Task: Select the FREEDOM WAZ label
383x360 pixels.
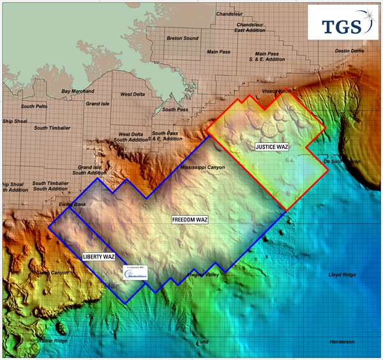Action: click(x=190, y=220)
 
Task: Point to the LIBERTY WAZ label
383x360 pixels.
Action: click(x=98, y=257)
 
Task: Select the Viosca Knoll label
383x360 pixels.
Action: click(x=276, y=91)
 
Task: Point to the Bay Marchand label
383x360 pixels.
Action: click(x=78, y=91)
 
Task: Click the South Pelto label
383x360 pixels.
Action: click(x=34, y=106)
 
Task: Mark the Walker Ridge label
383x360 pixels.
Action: click(x=53, y=341)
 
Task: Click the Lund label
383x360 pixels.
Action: click(x=202, y=342)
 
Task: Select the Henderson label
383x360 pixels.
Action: click(x=342, y=342)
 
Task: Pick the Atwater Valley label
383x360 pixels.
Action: click(x=202, y=274)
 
